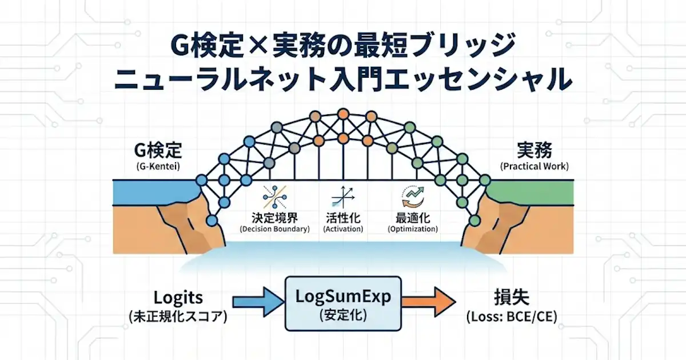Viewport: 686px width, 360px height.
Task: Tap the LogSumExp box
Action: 343,303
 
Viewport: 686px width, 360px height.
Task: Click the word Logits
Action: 177,298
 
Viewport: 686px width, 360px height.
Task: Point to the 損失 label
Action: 512,298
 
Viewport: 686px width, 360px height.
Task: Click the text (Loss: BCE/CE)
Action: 512,317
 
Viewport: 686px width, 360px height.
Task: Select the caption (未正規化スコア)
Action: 177,317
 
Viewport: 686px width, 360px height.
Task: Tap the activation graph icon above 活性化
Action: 342,196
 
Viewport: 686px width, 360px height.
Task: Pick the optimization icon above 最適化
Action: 412,196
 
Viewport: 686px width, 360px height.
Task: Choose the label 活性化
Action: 342,218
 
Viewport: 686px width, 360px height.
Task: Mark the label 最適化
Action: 412,218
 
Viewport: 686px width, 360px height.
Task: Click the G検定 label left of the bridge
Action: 158,150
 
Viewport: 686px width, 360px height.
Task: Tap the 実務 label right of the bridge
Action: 534,150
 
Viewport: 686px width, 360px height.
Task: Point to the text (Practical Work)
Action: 534,167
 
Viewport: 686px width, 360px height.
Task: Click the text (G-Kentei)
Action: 158,167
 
